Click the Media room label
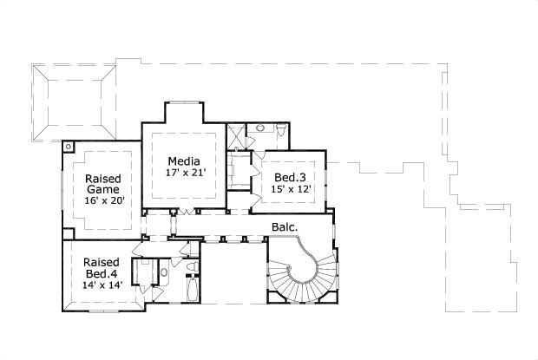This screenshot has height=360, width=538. coord(183,161)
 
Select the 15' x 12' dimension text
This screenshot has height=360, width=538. coord(289,189)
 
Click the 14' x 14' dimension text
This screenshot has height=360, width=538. coord(102,285)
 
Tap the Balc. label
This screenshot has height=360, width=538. coord(285,228)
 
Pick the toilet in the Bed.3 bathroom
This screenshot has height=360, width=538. coord(280,130)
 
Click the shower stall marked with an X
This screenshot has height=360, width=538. coord(235,135)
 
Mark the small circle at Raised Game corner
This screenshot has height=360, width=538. coord(67,147)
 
